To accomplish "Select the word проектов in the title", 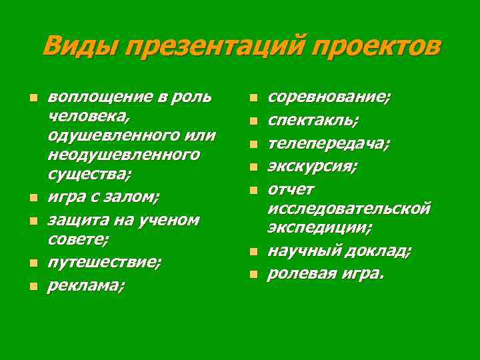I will tap(376, 47).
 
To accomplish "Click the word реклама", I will tap(86, 285).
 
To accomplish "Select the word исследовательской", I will tap(349, 208).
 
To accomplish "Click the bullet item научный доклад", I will tap(339, 251).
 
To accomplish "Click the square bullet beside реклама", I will tap(33, 287).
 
